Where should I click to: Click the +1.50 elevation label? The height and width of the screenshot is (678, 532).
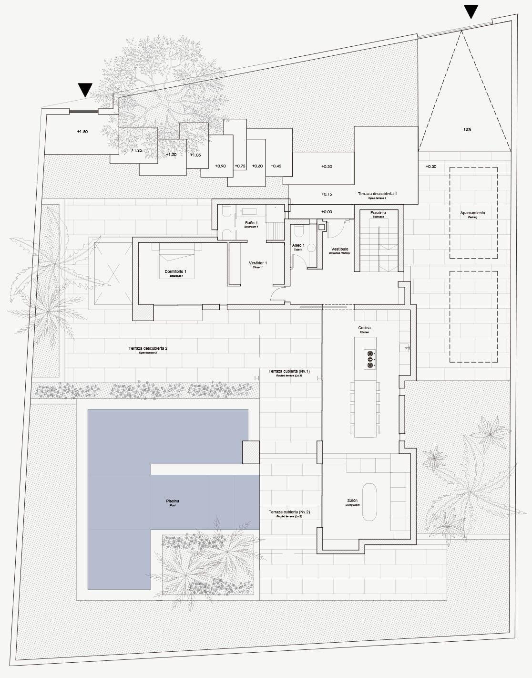pyautogui.click(x=82, y=131)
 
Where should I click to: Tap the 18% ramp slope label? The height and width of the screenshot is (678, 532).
pyautogui.click(x=467, y=129)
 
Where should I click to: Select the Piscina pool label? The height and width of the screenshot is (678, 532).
pyautogui.click(x=173, y=501)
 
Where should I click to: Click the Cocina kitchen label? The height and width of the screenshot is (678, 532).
pyautogui.click(x=364, y=328)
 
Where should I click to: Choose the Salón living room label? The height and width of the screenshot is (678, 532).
pyautogui.click(x=352, y=501)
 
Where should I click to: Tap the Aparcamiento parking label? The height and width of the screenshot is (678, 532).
pyautogui.click(x=472, y=213)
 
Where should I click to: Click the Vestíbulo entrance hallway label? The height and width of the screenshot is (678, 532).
pyautogui.click(x=339, y=250)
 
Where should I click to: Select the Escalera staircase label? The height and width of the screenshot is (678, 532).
pyautogui.click(x=378, y=212)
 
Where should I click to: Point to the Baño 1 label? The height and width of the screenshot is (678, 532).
pyautogui.click(x=251, y=223)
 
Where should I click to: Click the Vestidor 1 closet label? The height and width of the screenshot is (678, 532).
pyautogui.click(x=258, y=263)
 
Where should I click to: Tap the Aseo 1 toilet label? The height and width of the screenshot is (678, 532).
pyautogui.click(x=298, y=245)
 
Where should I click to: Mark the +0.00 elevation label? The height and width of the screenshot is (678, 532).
pyautogui.click(x=327, y=211)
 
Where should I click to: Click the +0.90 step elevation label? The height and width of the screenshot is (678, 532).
pyautogui.click(x=220, y=166)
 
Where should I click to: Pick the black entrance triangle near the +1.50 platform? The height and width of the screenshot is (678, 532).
pyautogui.click(x=85, y=90)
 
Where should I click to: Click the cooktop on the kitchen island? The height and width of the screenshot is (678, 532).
pyautogui.click(x=369, y=359)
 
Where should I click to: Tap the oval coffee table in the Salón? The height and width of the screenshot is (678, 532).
pyautogui.click(x=369, y=502)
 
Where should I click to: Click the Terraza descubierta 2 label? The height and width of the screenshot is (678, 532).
pyautogui.click(x=148, y=349)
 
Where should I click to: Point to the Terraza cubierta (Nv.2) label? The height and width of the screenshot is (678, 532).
pyautogui.click(x=289, y=512)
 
